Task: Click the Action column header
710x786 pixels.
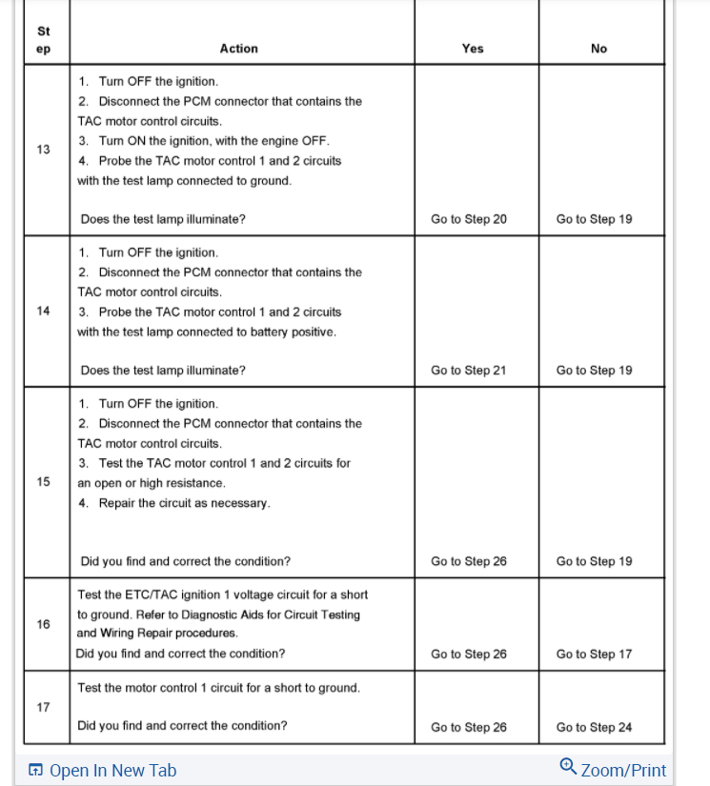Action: (238, 49)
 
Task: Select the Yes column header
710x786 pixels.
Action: (473, 49)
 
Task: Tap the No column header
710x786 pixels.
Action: (598, 49)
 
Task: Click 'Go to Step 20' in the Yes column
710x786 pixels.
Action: (469, 219)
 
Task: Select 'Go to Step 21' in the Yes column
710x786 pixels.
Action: (469, 371)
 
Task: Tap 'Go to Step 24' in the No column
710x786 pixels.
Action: (594, 727)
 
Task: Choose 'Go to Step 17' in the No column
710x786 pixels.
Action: (594, 654)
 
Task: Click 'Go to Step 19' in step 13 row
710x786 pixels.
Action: (594, 219)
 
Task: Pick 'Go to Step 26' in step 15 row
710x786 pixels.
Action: (469, 561)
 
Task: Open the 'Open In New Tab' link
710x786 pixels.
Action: (112, 771)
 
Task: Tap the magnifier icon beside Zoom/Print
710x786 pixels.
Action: (568, 766)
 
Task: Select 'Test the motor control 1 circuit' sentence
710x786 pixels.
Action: (218, 687)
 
